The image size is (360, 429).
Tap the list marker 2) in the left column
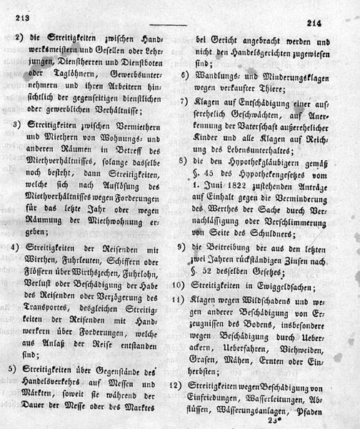click(19, 39)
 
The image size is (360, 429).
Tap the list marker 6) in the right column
click(184, 74)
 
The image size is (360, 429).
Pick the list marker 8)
click(184, 162)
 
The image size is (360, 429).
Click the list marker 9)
click(184, 247)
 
